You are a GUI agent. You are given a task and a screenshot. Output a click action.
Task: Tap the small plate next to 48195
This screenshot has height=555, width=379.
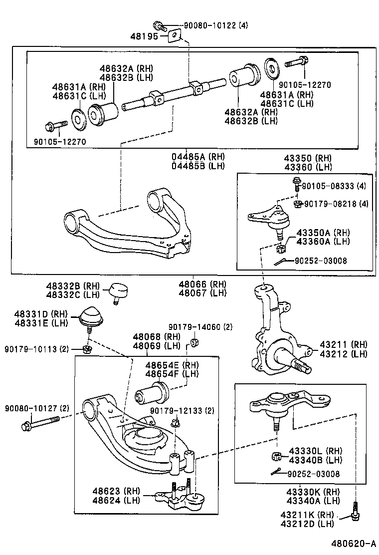point(174,36)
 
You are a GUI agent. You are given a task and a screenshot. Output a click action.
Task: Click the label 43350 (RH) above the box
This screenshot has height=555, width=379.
point(308,158)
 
